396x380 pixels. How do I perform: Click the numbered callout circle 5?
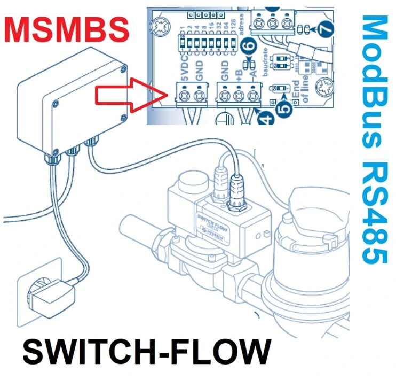click(x=285, y=110)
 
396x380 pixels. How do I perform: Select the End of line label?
click(x=305, y=95)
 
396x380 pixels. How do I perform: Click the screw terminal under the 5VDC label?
click(x=185, y=96)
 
